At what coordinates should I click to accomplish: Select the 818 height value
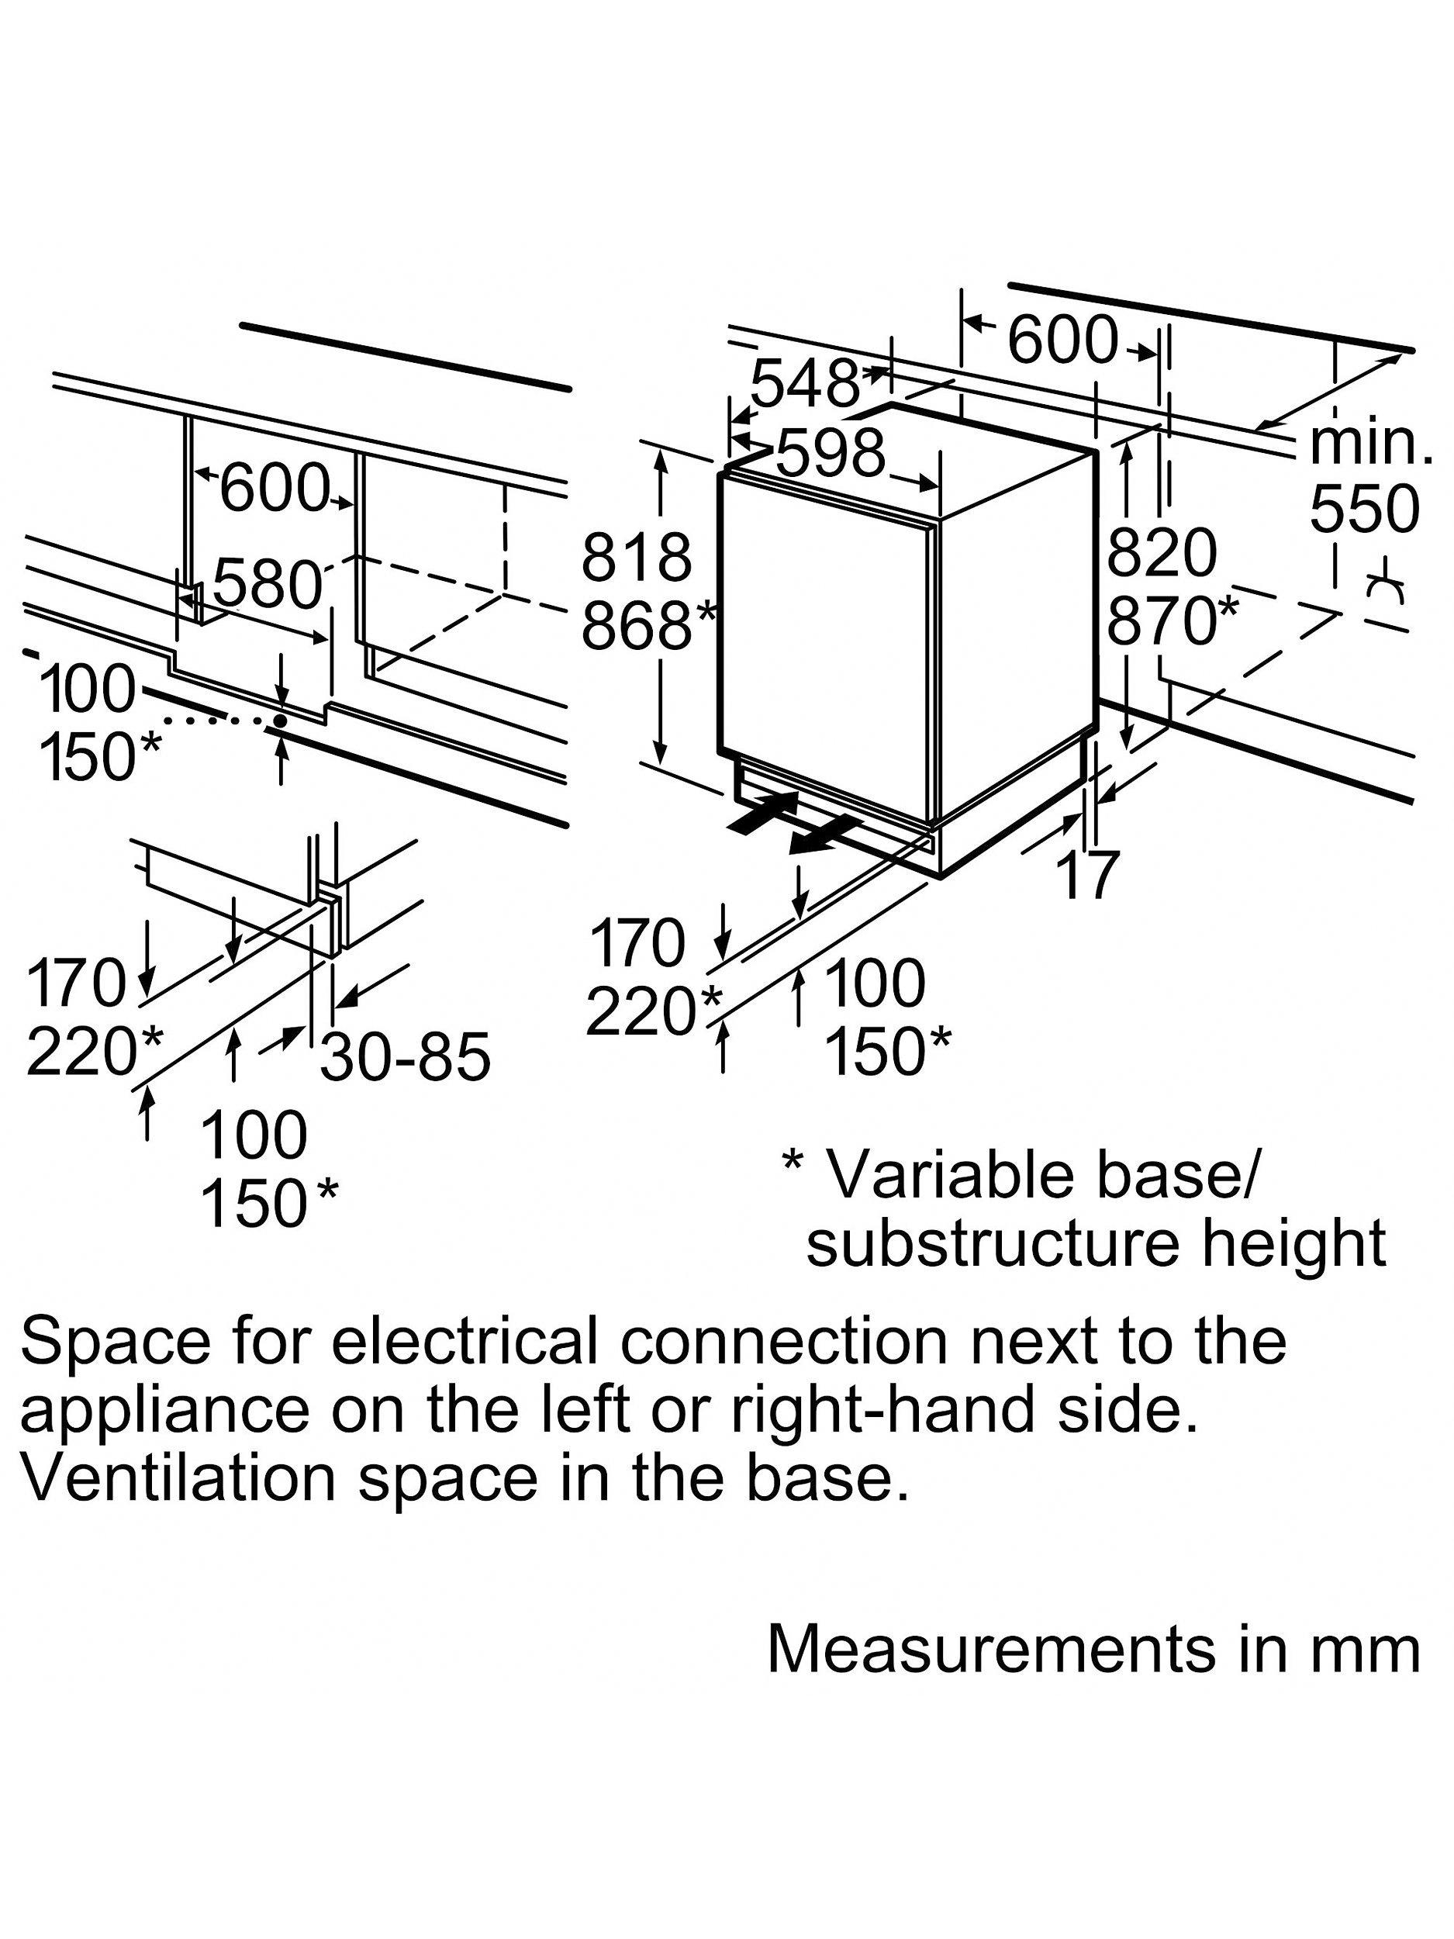[637, 558]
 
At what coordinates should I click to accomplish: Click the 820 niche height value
[1162, 554]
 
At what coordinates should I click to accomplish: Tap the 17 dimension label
[1088, 874]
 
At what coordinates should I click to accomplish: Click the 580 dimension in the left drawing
[267, 585]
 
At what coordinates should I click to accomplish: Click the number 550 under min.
[1364, 509]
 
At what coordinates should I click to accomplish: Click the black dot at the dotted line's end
[280, 721]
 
